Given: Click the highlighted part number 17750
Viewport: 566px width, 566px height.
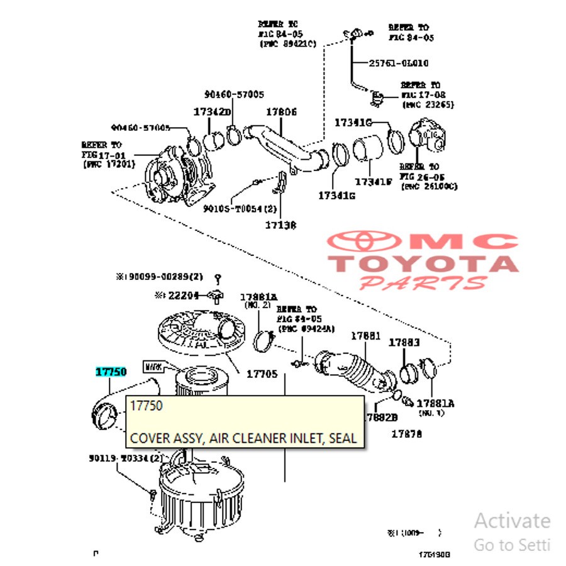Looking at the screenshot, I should pos(111,372).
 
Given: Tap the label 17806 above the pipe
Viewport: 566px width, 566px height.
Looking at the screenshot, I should pos(281,112).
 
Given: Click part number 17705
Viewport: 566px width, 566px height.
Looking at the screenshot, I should pos(262,374).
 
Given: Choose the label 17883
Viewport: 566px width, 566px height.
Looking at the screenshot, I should pos(404,343).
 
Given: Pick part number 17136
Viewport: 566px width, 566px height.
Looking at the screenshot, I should pos(280,225).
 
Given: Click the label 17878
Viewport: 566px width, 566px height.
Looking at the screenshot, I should pos(406,434).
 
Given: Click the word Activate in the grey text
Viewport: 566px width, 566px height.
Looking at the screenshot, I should pos(512,521).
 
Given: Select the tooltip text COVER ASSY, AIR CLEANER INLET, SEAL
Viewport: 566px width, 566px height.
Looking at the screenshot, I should pos(243,438).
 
